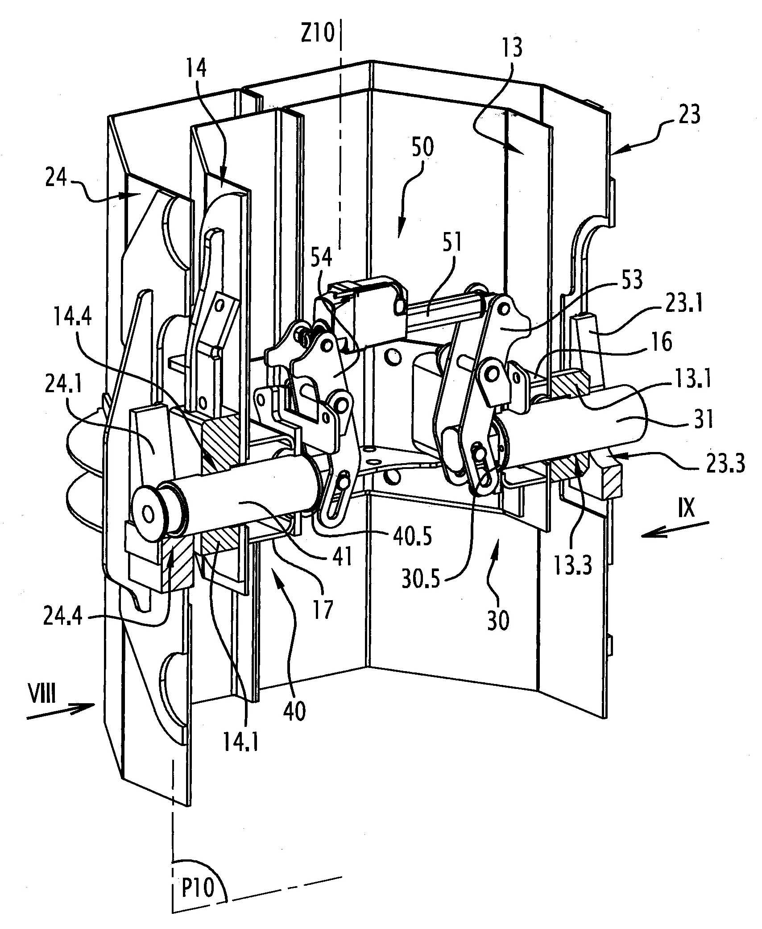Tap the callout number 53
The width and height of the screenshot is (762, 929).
coord(629,280)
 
